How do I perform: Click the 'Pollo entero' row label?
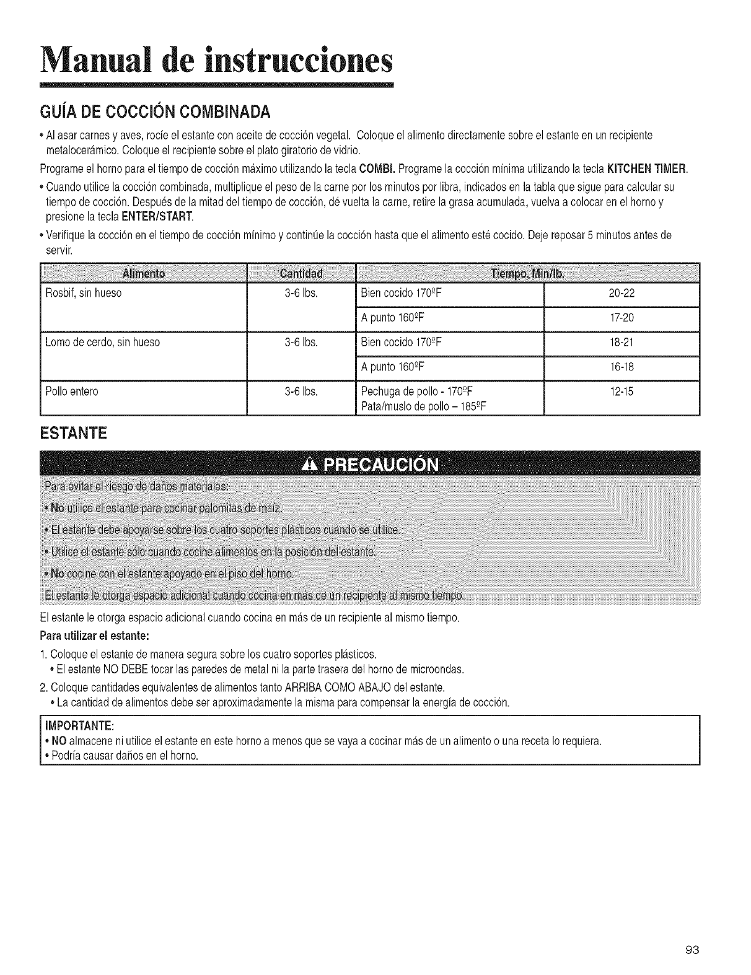point(72,391)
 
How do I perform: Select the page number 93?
point(693,948)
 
